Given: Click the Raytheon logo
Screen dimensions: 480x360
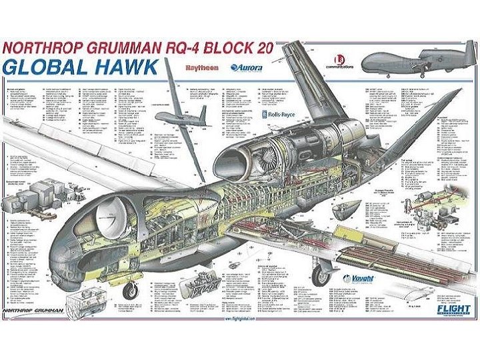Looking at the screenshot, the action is point(201,67).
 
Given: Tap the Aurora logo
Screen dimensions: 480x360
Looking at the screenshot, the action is point(247,67).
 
